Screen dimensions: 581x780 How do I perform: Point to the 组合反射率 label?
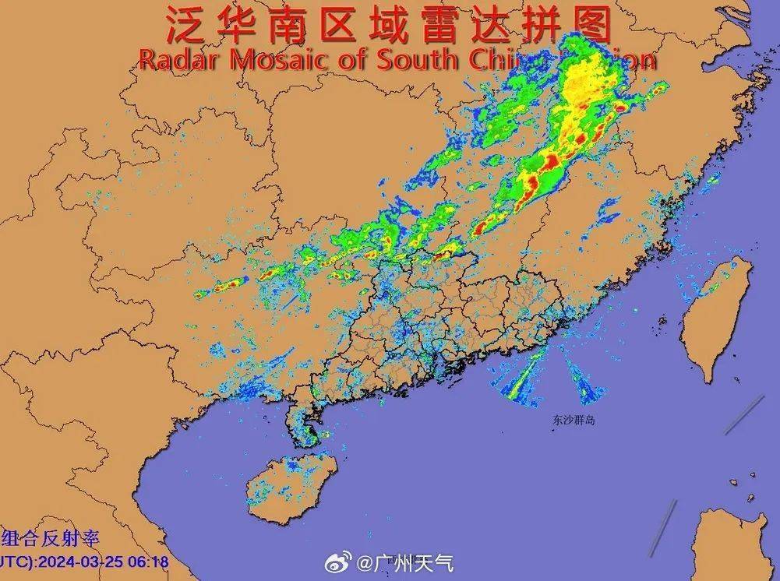(51, 538)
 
